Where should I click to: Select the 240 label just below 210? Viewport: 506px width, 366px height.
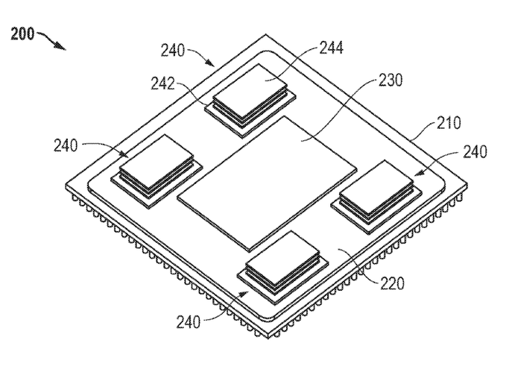474,152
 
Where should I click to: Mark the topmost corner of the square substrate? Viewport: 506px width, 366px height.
265,35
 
